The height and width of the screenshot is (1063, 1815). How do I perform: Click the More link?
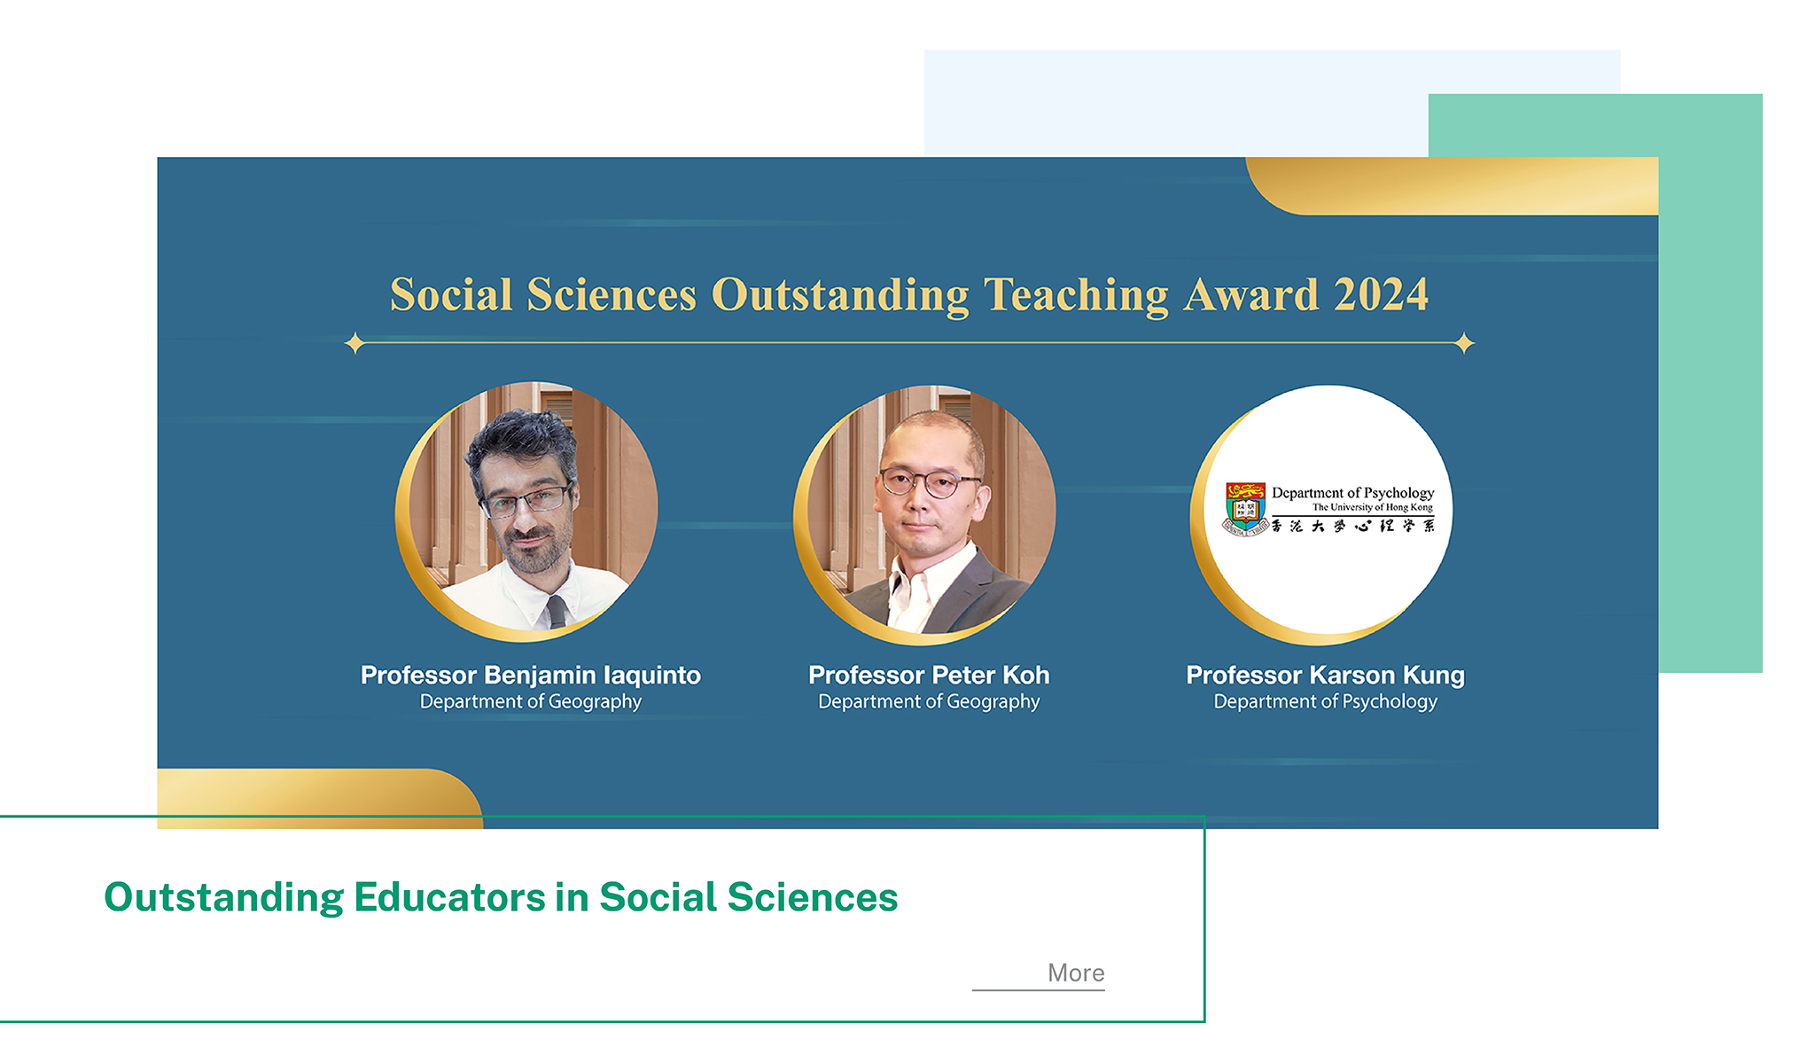1075,973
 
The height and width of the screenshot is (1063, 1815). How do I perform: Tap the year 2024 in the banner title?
1381,294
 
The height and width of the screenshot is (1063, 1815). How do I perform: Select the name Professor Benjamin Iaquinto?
530,675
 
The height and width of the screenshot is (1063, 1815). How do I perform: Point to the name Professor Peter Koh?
929,675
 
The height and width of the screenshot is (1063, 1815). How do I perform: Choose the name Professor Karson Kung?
1325,675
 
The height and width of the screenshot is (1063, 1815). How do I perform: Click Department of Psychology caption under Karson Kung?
1325,701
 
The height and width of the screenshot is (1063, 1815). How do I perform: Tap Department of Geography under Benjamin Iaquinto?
530,701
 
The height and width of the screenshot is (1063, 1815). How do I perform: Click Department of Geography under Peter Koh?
929,701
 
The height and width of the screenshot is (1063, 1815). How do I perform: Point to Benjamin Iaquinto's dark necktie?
556,612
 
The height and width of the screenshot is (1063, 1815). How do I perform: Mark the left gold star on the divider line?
354,343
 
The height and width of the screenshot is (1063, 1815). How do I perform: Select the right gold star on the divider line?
1464,343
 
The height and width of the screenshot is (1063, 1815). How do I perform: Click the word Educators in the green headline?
448,897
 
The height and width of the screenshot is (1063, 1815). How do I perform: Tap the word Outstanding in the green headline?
223,898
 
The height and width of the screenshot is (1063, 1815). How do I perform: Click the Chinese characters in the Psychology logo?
1352,526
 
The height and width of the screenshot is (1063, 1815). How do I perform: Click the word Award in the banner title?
1251,294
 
